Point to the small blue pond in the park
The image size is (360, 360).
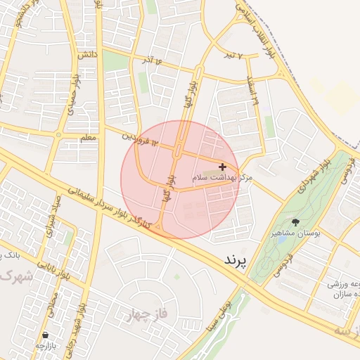coord(281,240)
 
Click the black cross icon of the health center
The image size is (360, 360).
coord(223,167)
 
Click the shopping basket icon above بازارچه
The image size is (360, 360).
coord(46,335)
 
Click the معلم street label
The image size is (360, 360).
coord(88,139)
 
